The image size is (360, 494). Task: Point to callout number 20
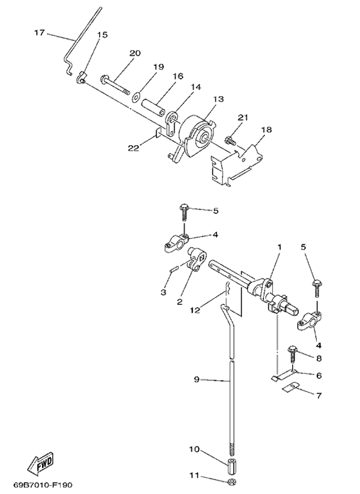[x=135, y=53]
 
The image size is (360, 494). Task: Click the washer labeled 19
[x=137, y=94]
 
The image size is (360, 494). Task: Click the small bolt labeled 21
[x=229, y=140]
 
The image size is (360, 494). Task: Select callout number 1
[x=279, y=247]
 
